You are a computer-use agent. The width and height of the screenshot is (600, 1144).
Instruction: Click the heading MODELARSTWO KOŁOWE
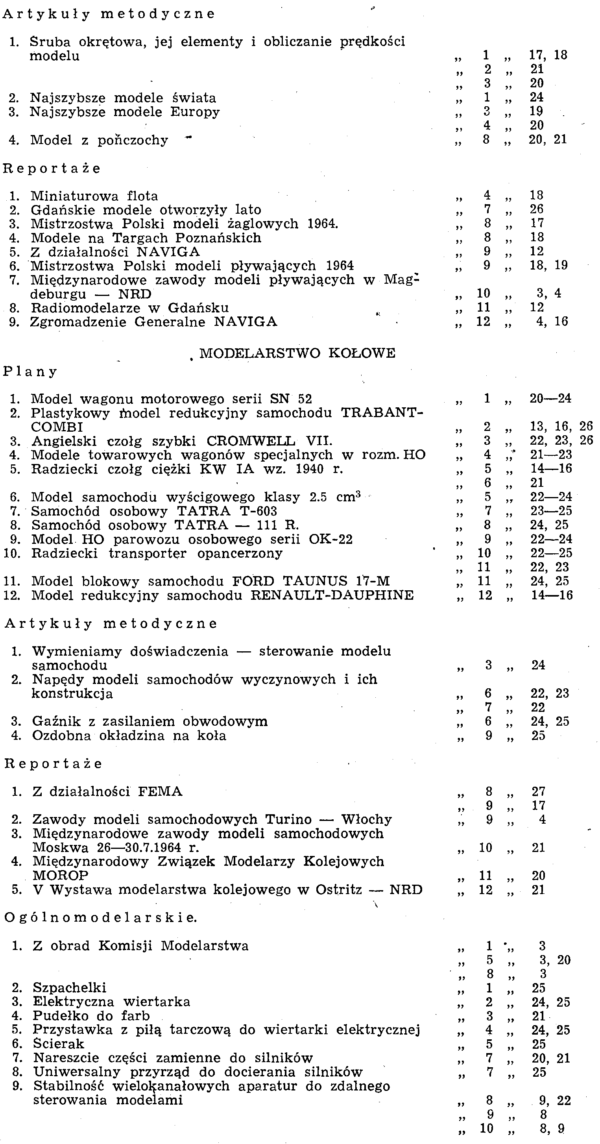tap(297, 353)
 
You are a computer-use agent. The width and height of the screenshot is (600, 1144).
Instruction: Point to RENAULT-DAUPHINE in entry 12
tap(332, 595)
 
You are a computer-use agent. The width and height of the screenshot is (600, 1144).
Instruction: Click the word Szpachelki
tap(69, 988)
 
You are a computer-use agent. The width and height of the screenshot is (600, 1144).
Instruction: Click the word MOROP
tap(61, 875)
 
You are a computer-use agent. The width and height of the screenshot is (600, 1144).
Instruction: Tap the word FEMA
tap(160, 791)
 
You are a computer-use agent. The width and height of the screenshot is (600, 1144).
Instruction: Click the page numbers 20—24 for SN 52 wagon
tap(550, 398)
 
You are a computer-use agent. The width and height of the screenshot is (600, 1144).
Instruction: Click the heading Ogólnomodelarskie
tap(101, 917)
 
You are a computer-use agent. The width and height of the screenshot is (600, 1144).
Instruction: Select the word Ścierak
tap(59, 1044)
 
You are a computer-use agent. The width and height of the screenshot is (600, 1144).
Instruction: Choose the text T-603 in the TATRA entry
tap(259, 511)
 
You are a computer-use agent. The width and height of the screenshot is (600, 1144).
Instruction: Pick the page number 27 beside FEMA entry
tap(538, 791)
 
